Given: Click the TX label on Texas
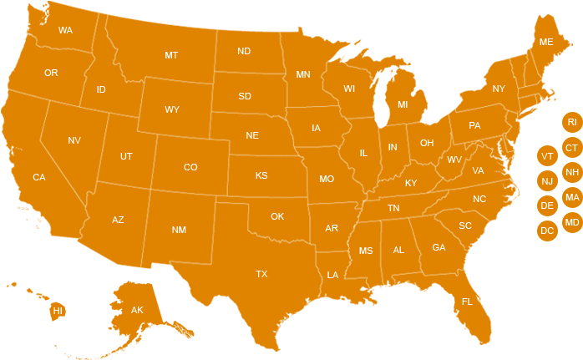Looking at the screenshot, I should [261, 274].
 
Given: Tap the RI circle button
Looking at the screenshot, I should [572, 123].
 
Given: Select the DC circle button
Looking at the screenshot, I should [547, 231].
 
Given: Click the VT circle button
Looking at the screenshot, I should [547, 156].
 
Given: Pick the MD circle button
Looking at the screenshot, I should [572, 222].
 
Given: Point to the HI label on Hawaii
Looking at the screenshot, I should [58, 311].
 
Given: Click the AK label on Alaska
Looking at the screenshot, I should [138, 311].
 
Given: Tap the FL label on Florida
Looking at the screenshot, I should [467, 302].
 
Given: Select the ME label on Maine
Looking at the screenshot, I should [546, 42].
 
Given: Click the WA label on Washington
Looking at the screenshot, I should [65, 30].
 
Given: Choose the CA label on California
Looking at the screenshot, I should [39, 177].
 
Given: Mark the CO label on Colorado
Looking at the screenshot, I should [190, 167].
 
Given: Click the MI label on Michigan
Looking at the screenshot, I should [403, 105].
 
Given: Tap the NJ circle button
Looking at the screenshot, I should [547, 180].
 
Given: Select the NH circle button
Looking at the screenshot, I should [572, 173].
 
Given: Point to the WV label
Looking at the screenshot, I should [454, 160].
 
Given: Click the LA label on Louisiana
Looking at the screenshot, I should [332, 275].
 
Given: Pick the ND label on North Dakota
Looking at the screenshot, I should [244, 51].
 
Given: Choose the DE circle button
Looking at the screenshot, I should [547, 205].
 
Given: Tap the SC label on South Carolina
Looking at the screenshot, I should [465, 226].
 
